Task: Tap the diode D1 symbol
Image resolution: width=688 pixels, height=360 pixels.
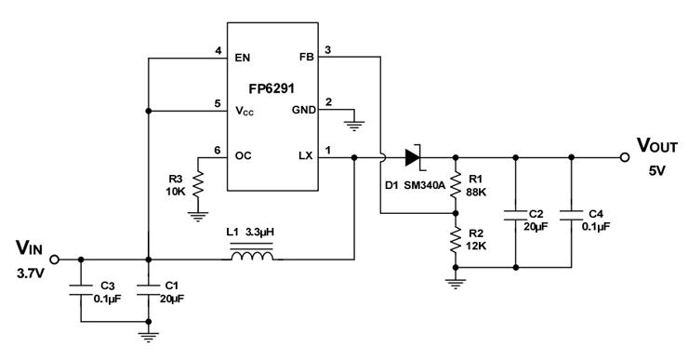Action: tap(412, 158)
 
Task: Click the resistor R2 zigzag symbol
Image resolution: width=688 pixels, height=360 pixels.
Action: tap(456, 240)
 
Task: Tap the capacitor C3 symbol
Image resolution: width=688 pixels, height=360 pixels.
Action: tap(81, 289)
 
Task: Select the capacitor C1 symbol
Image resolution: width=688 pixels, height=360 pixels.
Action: tap(148, 289)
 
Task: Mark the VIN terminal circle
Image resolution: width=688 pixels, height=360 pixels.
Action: tap(54, 260)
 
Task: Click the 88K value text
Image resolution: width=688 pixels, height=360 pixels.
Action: tap(477, 192)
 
